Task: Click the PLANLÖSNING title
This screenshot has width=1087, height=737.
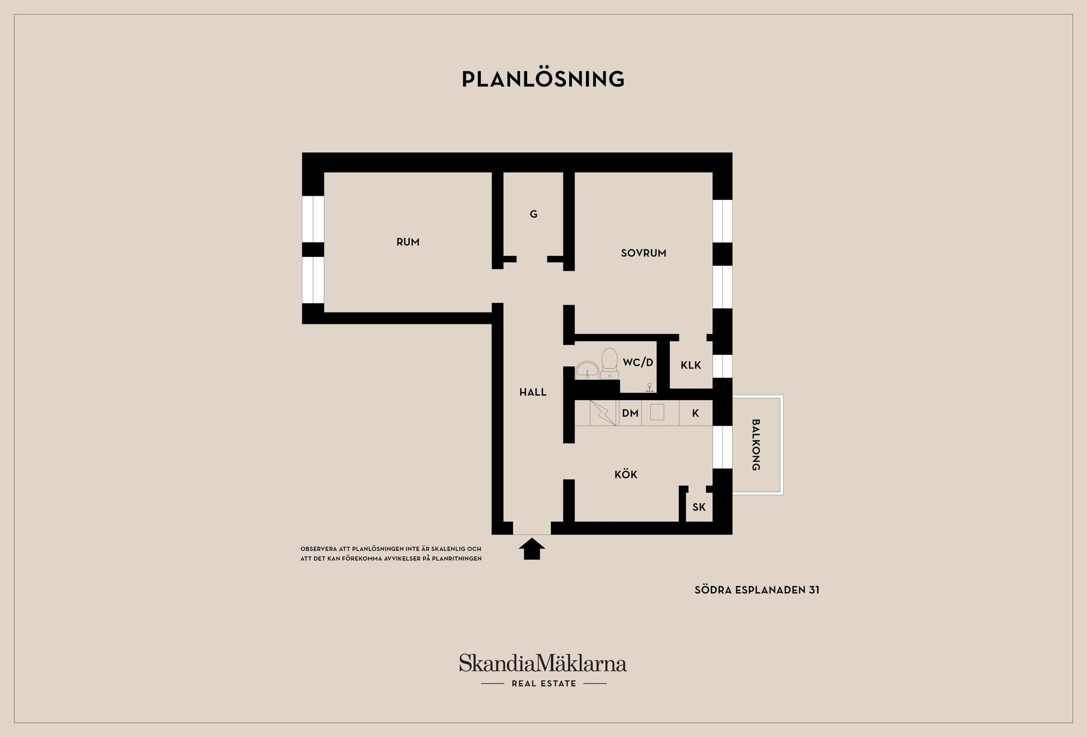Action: point(543,79)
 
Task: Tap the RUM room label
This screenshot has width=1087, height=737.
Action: point(408,242)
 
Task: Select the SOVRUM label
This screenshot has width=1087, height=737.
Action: point(643,253)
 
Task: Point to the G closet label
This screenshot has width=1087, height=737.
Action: point(533,214)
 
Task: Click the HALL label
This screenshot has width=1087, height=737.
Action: point(533,392)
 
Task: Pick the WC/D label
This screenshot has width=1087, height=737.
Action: point(638,362)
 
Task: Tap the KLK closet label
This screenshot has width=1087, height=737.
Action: point(691,365)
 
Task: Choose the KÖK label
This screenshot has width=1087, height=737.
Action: point(626,474)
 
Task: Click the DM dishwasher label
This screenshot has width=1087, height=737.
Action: point(630,413)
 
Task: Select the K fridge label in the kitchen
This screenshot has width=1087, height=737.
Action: point(695,413)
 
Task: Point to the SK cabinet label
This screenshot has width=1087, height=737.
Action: point(699,507)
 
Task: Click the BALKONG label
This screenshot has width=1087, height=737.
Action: point(755,445)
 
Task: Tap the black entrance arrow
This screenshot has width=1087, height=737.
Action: point(532,549)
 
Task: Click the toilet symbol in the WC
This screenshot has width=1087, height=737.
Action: point(609,363)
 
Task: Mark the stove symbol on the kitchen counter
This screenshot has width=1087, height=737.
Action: point(602,413)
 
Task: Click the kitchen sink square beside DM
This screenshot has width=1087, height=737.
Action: point(657,413)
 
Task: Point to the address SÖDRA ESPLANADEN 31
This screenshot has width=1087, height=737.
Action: point(757,590)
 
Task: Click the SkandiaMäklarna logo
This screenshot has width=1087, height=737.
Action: point(543,663)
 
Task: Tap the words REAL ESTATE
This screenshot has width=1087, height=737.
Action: point(543,684)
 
